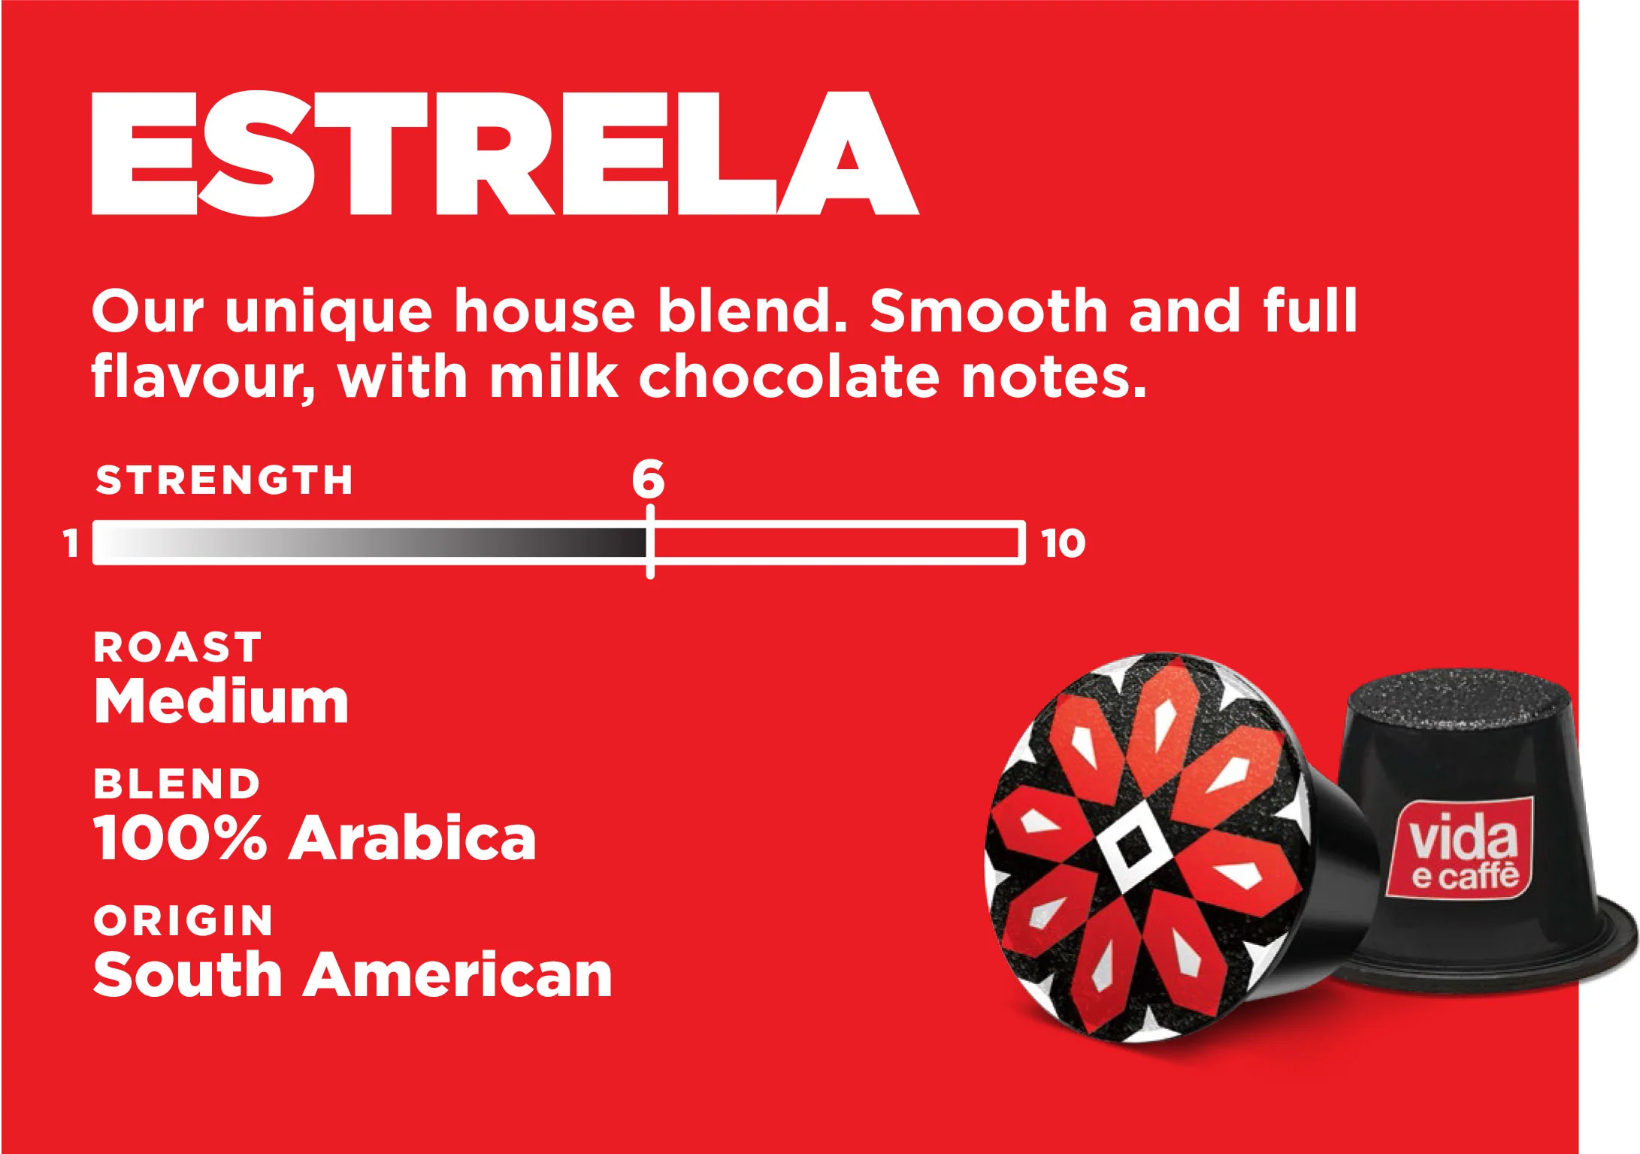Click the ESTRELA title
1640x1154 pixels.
point(505,153)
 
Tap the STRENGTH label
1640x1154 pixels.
point(224,480)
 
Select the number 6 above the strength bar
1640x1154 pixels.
point(648,478)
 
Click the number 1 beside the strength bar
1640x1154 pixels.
point(71,543)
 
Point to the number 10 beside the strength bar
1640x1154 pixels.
point(1064,543)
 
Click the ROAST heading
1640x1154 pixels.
point(177,647)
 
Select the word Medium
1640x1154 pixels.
point(221,701)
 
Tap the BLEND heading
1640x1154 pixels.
point(177,783)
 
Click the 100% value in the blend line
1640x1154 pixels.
point(180,837)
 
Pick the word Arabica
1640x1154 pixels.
point(413,837)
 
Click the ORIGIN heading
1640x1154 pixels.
point(183,920)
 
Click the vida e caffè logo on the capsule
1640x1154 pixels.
point(1460,849)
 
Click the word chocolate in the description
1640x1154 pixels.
point(789,376)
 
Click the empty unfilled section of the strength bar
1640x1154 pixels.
point(836,542)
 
